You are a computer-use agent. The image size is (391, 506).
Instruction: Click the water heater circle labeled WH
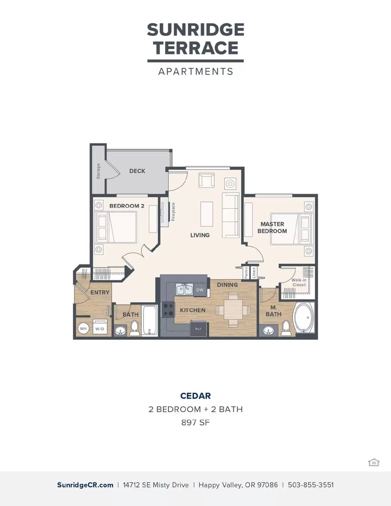tap(83, 329)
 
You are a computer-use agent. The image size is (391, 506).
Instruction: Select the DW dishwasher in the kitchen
tap(200, 290)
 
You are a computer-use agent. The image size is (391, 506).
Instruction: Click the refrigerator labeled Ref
tap(198, 329)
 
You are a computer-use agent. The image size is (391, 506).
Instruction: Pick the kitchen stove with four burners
tap(168, 310)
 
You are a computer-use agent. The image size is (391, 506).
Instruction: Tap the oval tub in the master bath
tap(304, 318)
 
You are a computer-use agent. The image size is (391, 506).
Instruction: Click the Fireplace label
tap(173, 212)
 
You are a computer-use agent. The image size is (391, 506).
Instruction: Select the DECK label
tap(137, 171)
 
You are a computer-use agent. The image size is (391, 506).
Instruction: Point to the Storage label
tap(98, 171)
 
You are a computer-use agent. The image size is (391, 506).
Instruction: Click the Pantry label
tap(246, 272)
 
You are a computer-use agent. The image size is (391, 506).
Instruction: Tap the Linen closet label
tap(254, 272)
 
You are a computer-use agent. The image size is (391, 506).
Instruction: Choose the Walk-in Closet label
tap(299, 282)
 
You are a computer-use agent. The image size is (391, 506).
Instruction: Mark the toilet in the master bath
tap(286, 328)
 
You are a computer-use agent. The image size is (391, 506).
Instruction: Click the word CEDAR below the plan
tap(195, 396)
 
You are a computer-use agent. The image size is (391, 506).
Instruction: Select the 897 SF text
tap(195, 423)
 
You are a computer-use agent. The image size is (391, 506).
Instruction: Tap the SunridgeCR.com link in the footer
tap(85, 485)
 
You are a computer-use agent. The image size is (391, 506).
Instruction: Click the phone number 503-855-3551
tap(311, 485)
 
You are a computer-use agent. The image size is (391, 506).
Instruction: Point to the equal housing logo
tap(374, 462)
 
